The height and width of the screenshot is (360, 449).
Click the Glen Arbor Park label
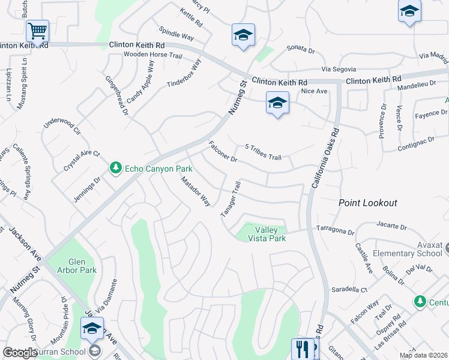tap(83, 266)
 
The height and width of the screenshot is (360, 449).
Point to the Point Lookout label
tap(367, 203)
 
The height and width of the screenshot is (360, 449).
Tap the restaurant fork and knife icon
tap(302, 349)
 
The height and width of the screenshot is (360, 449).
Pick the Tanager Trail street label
tap(231, 200)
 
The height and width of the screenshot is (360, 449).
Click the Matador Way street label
tap(196, 191)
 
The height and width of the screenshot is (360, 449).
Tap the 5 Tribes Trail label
tap(263, 152)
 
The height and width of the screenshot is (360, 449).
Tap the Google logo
tap(20, 353)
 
